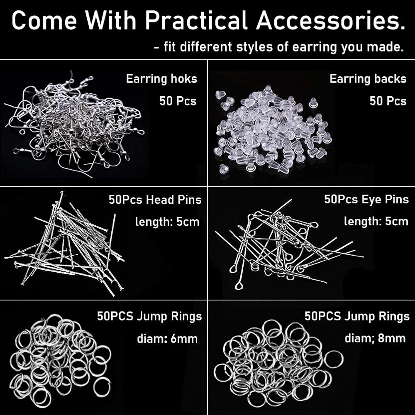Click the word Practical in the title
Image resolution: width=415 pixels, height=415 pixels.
(x=196, y=20)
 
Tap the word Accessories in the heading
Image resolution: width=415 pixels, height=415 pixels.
(x=331, y=20)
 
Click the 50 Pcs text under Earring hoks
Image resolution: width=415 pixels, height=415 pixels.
(x=178, y=101)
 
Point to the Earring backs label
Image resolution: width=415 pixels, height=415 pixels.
(x=368, y=78)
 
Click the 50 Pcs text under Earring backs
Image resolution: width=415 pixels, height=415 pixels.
(x=388, y=101)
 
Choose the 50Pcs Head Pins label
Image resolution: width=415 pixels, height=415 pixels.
(x=155, y=200)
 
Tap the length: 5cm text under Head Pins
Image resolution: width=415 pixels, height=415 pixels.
(x=167, y=222)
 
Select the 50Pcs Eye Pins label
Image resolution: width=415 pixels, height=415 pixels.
(x=366, y=199)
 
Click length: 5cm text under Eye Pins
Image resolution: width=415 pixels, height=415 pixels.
(x=376, y=221)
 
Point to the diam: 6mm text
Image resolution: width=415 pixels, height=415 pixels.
(x=167, y=339)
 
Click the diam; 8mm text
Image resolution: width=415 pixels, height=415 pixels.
(x=375, y=338)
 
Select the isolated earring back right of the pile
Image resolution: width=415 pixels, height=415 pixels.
(x=313, y=103)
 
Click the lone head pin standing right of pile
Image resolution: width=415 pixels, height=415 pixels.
(x=111, y=241)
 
